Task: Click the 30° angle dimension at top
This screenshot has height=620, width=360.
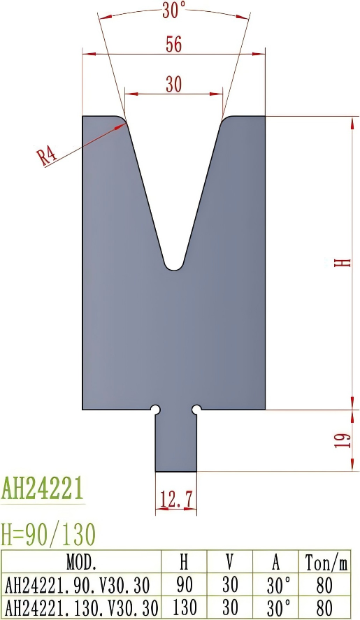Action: pos(173,10)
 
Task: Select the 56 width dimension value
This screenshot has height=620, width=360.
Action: pos(173,44)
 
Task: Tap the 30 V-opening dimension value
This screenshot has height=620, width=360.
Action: pos(173,84)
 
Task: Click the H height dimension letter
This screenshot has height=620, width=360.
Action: pos(342,263)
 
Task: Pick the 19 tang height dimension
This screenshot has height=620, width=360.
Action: pos(342,440)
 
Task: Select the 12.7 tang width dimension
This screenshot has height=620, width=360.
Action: pos(175,499)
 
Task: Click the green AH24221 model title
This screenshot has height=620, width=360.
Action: pos(43,487)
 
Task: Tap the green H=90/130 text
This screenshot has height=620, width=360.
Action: pos(48,535)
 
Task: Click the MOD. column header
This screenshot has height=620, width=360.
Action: pos(81,562)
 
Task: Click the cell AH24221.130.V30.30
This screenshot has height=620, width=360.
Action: pos(81,607)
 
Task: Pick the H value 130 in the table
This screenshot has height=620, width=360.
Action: pos(184,607)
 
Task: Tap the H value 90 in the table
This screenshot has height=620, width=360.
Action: pos(184,585)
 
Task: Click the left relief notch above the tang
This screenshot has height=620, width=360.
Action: pos(156,408)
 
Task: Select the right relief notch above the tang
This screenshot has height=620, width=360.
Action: pos(196,408)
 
